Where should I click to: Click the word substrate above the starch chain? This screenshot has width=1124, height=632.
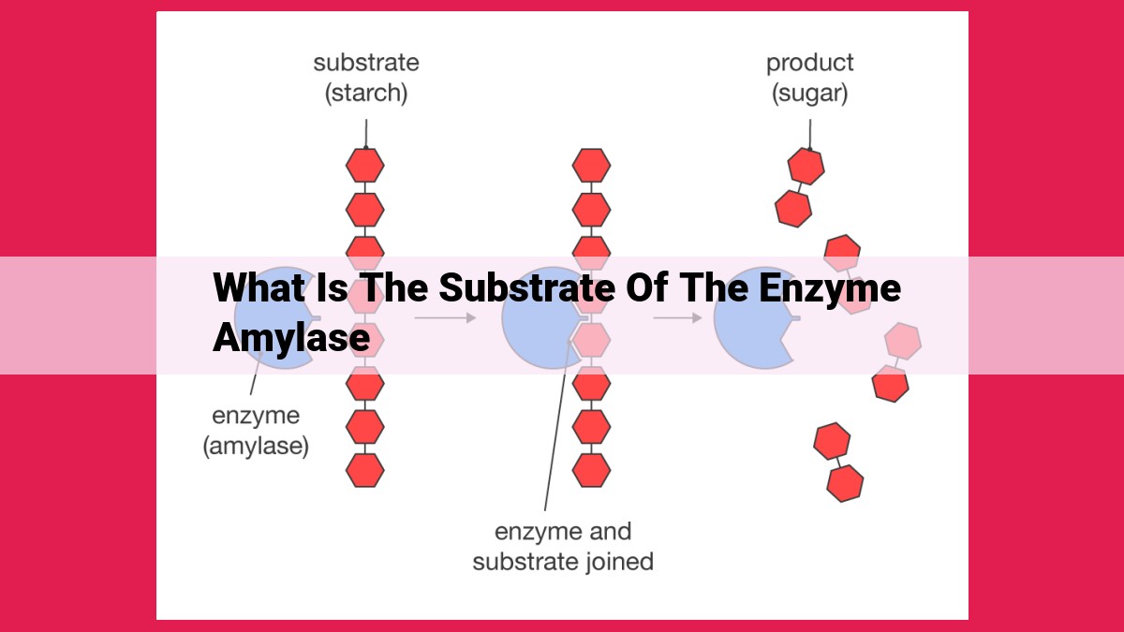pyautogui.click(x=366, y=63)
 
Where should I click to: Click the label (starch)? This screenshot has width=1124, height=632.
pyautogui.click(x=366, y=94)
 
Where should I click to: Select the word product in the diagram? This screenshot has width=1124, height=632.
pyautogui.click(x=810, y=64)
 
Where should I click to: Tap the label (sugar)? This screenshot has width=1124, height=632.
pyautogui.click(x=810, y=95)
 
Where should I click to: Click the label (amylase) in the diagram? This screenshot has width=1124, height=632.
pyautogui.click(x=256, y=446)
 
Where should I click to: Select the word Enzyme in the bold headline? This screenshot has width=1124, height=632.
pyautogui.click(x=830, y=288)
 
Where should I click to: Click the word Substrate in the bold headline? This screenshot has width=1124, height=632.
pyautogui.click(x=527, y=287)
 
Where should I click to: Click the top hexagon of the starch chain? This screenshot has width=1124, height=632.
pyautogui.click(x=365, y=165)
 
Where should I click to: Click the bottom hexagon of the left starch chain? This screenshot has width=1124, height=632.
pyautogui.click(x=365, y=470)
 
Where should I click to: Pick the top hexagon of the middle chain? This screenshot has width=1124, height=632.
pyautogui.click(x=592, y=165)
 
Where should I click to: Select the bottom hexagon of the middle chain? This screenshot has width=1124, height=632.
pyautogui.click(x=592, y=470)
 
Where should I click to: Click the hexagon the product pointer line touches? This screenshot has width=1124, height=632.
pyautogui.click(x=806, y=166)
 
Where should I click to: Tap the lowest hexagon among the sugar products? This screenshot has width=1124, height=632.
pyautogui.click(x=845, y=483)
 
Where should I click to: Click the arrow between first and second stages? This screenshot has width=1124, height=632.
pyautogui.click(x=445, y=317)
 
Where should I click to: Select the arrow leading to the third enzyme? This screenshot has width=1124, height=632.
pyautogui.click(x=677, y=317)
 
